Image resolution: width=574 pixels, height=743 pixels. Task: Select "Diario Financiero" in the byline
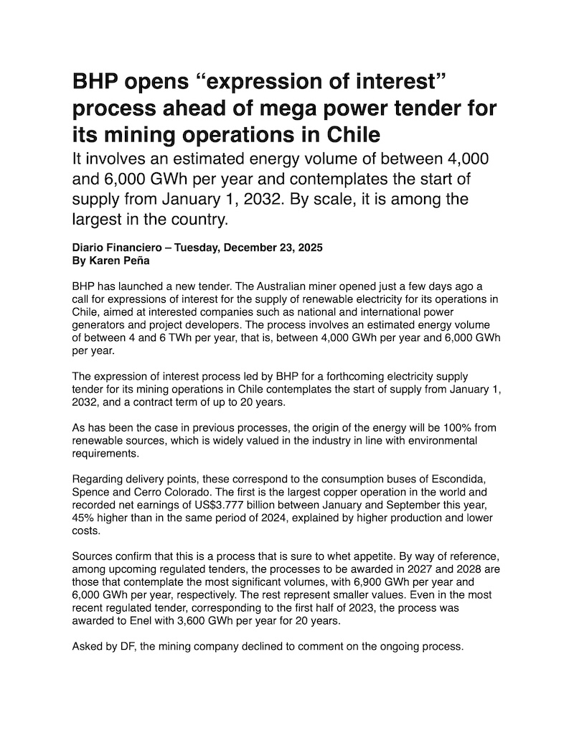tap(116, 248)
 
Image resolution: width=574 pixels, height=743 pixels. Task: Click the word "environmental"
tap(438, 441)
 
